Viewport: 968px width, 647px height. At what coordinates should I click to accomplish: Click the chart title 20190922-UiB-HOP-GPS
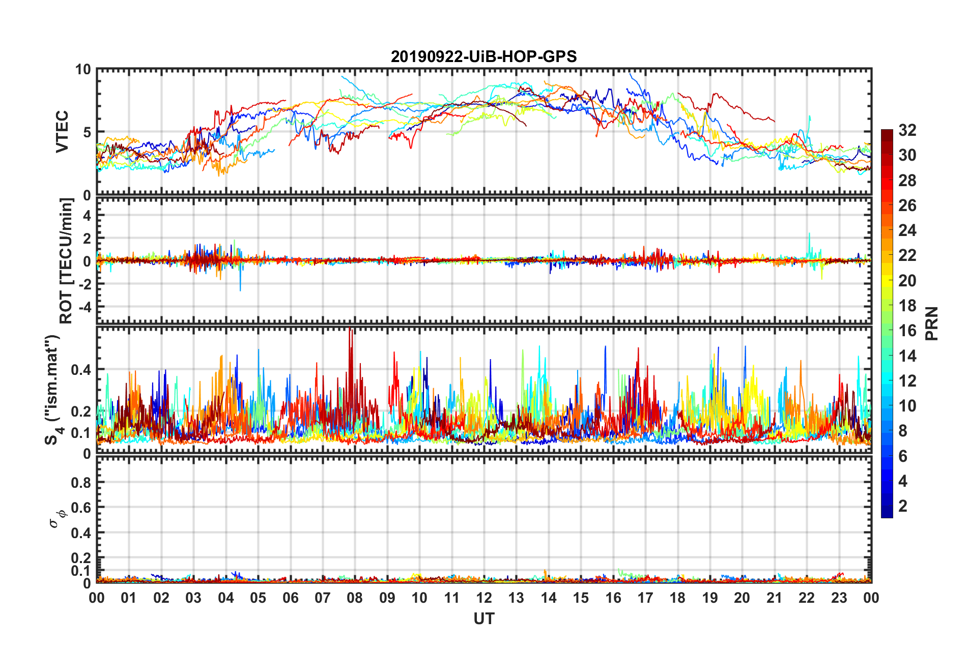coord(483,56)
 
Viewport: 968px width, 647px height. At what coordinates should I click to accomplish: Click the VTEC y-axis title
coord(62,132)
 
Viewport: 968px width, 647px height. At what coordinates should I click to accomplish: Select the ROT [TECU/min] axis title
coord(66,261)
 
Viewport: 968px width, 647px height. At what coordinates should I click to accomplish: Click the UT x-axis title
coord(483,619)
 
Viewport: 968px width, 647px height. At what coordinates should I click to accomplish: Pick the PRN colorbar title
coord(931,323)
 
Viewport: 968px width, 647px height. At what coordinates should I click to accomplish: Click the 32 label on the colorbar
coord(907,130)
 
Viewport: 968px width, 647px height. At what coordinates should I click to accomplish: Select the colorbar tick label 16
coord(907,331)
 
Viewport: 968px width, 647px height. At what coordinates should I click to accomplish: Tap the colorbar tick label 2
coord(903,506)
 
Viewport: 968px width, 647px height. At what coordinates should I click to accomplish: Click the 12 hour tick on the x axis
coord(484,598)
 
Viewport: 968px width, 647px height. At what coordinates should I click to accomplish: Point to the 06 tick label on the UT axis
coord(290,598)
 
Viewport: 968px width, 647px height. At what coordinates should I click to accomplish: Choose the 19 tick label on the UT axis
coord(709,598)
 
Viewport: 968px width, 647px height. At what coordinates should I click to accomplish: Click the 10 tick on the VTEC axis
coord(83,70)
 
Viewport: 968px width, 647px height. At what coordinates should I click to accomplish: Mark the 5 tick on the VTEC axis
coord(87,132)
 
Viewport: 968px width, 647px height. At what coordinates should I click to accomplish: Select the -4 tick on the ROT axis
coord(84,307)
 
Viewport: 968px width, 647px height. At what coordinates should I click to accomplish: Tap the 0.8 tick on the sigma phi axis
coord(80,482)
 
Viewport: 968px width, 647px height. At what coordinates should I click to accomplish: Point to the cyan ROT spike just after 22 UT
coord(809,235)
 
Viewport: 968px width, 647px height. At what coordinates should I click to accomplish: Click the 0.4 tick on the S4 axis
coord(80,370)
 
